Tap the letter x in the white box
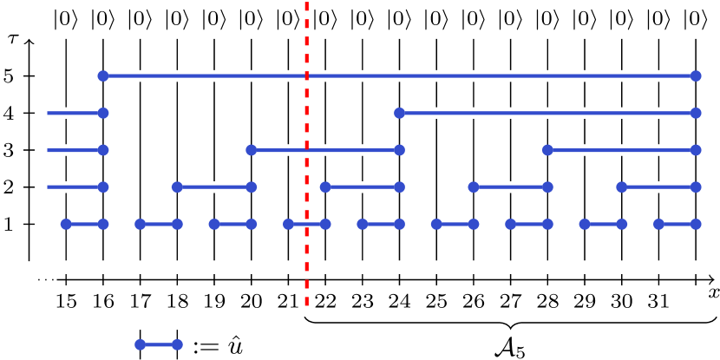pyautogui.click(x=712, y=293)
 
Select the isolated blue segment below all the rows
pyautogui.click(x=159, y=344)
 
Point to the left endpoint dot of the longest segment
pyautogui.click(x=103, y=75)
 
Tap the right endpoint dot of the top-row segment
pyautogui.click(x=696, y=75)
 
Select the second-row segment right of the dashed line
pyautogui.click(x=547, y=113)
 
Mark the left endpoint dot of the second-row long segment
pyautogui.click(x=399, y=113)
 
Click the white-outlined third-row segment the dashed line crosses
pyautogui.click(x=347, y=150)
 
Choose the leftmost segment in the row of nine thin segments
pyautogui.click(x=84, y=224)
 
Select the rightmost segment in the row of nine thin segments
pyautogui.click(x=677, y=224)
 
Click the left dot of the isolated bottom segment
pyautogui.click(x=141, y=344)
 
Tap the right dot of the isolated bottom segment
pyautogui.click(x=177, y=344)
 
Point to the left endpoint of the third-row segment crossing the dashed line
pyautogui.click(x=252, y=150)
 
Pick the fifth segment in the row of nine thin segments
pyautogui.click(x=381, y=224)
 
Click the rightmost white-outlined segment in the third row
pyautogui.click(x=621, y=150)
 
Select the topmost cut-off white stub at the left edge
pyautogui.click(x=73, y=113)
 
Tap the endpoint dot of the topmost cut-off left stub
pyautogui.click(x=103, y=113)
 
